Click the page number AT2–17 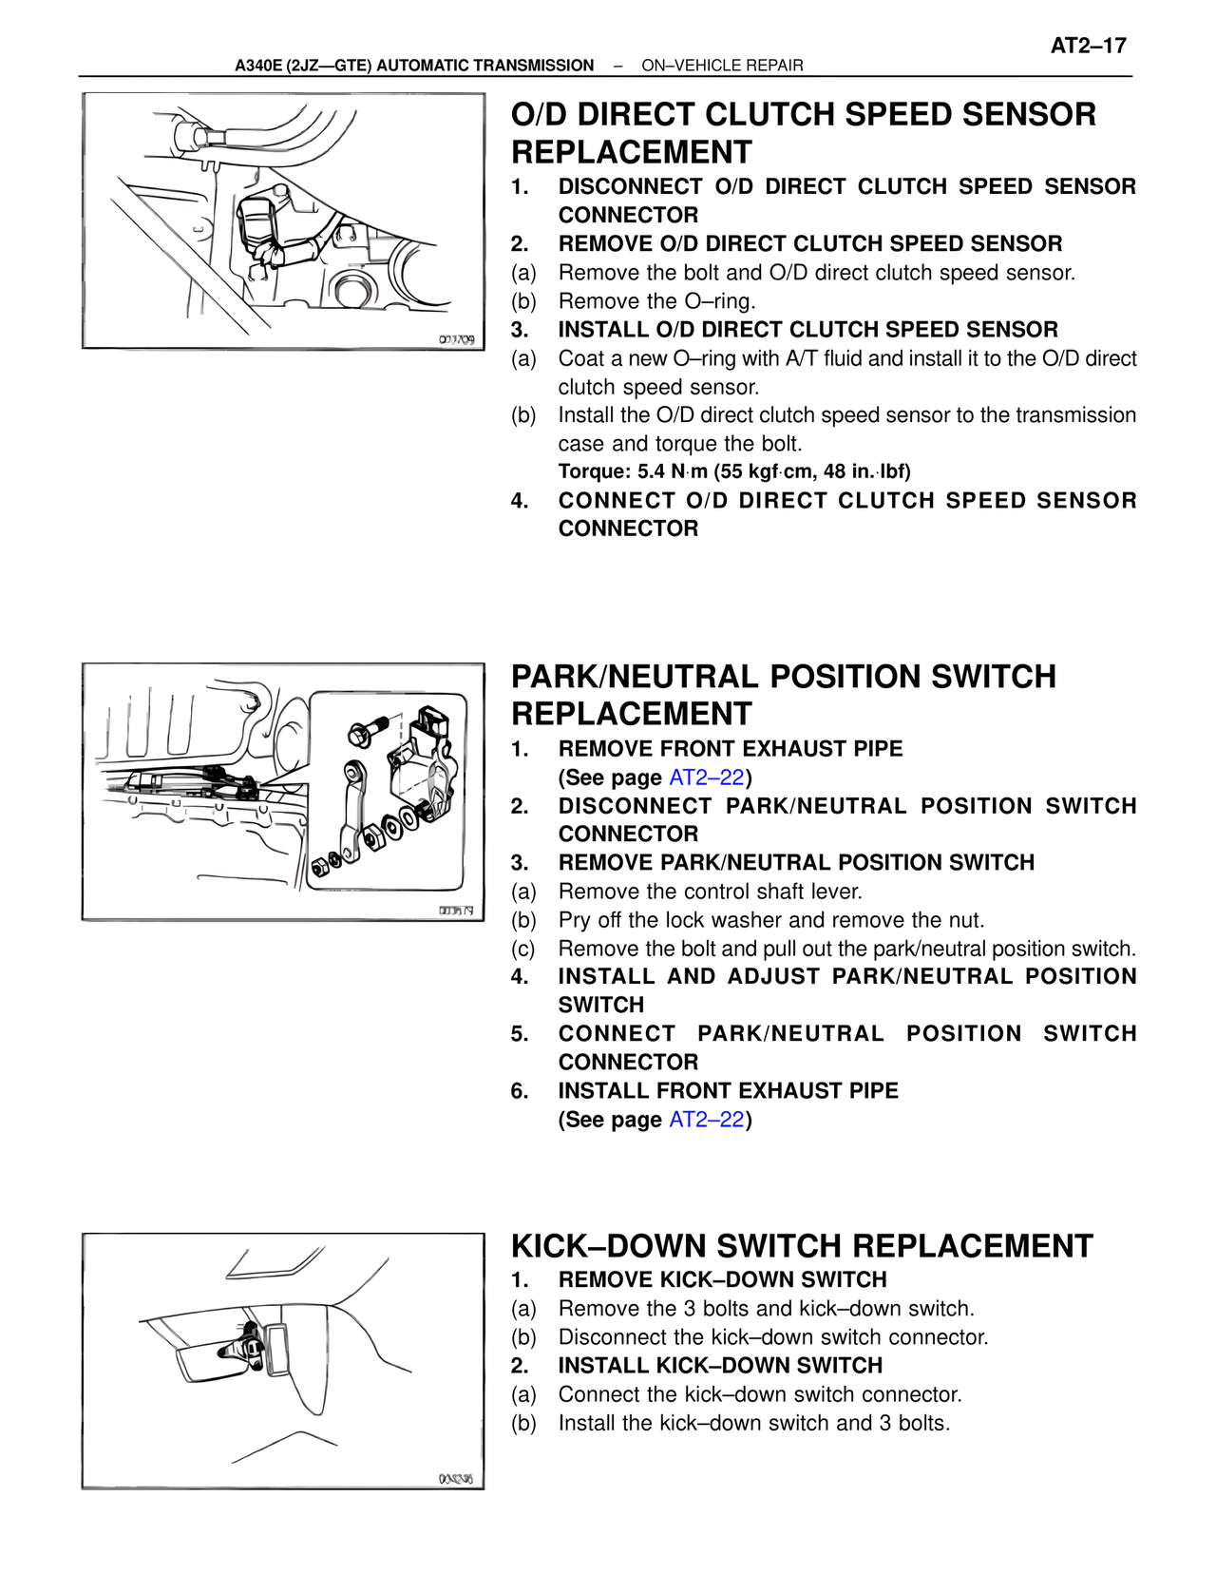tap(1088, 46)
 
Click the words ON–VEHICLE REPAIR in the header tap(722, 66)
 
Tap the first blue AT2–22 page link tap(707, 777)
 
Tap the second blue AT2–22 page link tap(707, 1120)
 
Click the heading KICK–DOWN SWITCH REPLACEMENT tap(802, 1246)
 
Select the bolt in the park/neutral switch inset tap(366, 731)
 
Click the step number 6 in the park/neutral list tap(519, 1091)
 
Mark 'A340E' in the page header tap(257, 66)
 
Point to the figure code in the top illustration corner tap(457, 340)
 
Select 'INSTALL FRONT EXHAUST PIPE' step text tap(728, 1091)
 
